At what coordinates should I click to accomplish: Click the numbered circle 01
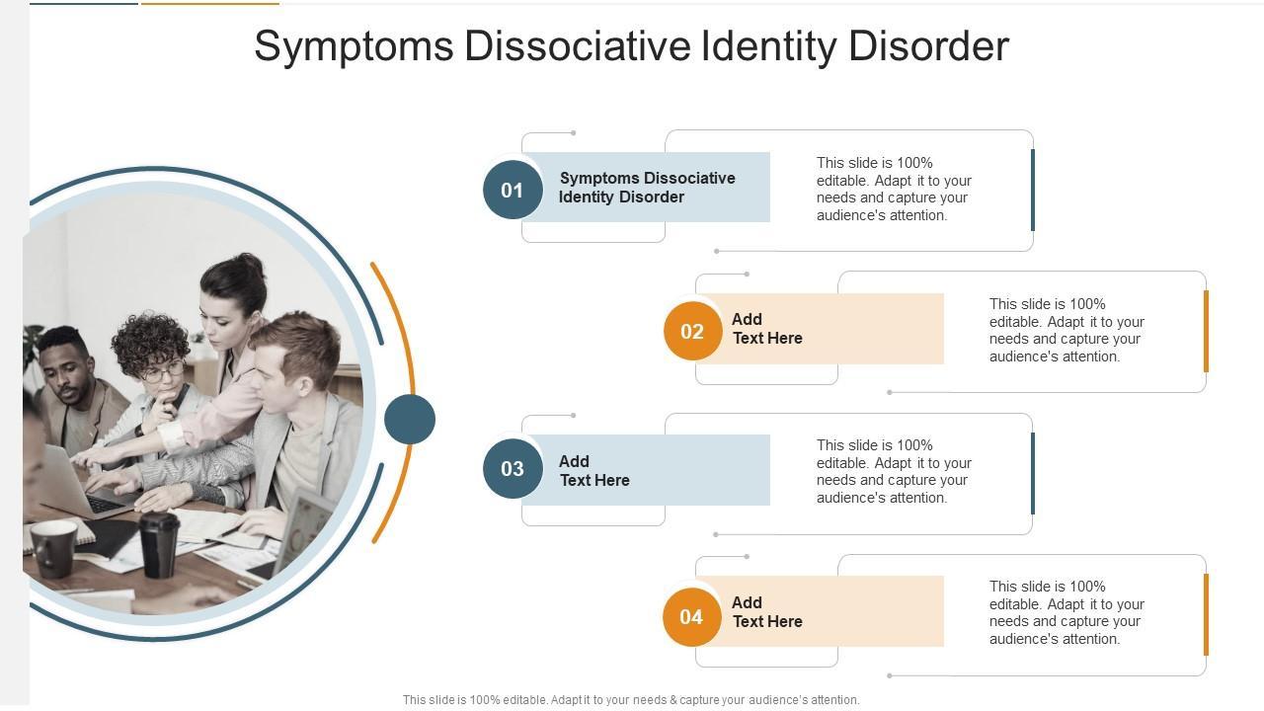[513, 190]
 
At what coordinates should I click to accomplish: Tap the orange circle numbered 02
[692, 332]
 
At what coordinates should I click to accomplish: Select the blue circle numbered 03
[513, 468]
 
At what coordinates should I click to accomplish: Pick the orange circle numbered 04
[691, 617]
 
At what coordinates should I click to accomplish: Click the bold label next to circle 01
[647, 188]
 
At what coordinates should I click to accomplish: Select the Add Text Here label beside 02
[766, 329]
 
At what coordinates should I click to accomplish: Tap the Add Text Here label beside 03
[593, 471]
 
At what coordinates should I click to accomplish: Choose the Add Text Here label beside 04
[766, 612]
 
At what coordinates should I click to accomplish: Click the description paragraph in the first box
[894, 189]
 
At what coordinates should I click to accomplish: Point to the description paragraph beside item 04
[1066, 612]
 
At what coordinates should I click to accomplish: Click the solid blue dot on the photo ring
[410, 419]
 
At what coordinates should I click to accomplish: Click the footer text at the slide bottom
[631, 700]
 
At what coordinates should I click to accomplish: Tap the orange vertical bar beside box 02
[1206, 332]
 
